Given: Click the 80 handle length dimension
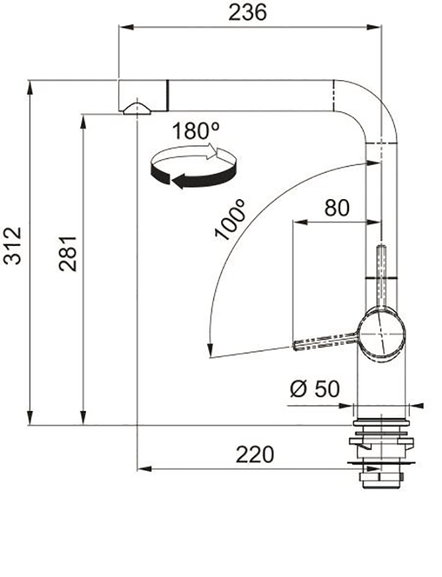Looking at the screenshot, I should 336,208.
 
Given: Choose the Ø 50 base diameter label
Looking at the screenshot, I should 314,389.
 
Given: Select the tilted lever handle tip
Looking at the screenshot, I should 300,345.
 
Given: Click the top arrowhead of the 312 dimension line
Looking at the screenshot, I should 30,85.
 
